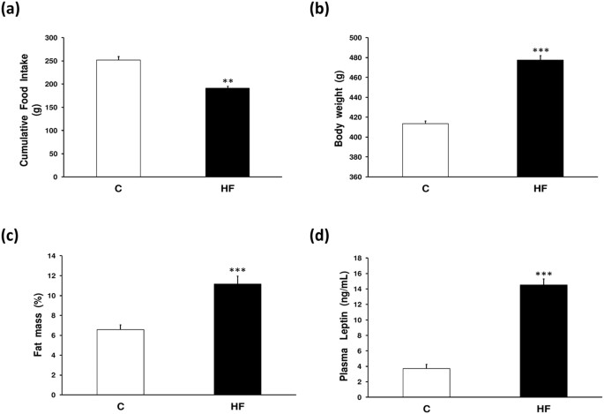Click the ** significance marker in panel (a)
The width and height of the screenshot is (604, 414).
(227, 81)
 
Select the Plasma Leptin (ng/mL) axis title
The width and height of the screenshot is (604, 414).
(344, 328)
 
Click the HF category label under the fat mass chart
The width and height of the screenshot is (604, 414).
(237, 408)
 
